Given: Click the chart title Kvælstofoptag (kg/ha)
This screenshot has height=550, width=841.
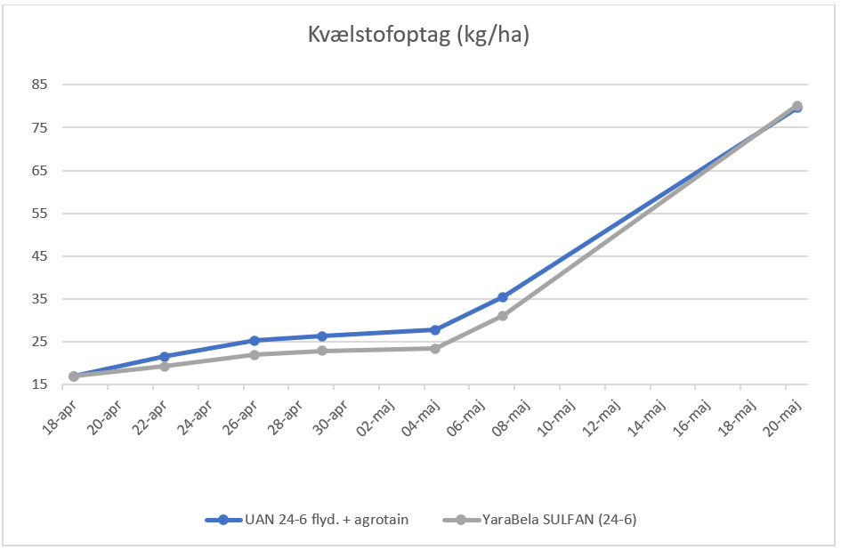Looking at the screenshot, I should [420, 35].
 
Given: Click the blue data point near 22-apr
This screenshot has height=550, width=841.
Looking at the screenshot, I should [165, 357].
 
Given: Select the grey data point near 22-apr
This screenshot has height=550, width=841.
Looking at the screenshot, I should [165, 366].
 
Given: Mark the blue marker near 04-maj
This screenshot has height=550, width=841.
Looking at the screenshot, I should [435, 330].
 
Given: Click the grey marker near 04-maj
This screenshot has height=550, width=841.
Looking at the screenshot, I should [435, 349].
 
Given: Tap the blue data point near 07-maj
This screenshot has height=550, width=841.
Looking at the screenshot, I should [503, 297].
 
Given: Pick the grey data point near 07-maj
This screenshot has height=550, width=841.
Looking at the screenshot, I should [503, 316].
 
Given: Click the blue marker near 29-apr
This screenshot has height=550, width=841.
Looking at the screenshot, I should [322, 336].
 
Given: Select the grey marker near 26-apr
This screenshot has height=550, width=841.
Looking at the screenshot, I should [255, 355].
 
